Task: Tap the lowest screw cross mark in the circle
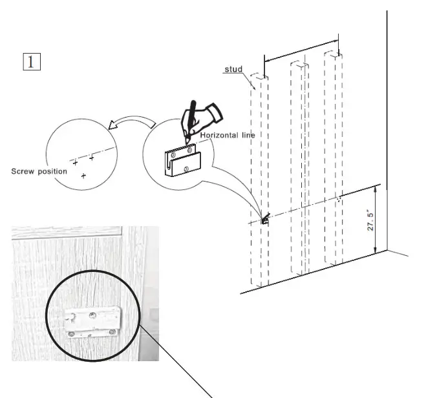[x=83, y=176]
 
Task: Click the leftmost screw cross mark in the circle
[x=76, y=162]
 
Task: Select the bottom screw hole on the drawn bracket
[x=186, y=169]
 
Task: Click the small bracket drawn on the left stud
[x=264, y=220]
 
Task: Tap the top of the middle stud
[x=297, y=65]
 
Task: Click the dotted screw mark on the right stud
[x=338, y=200]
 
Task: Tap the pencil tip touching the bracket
[x=186, y=143]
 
